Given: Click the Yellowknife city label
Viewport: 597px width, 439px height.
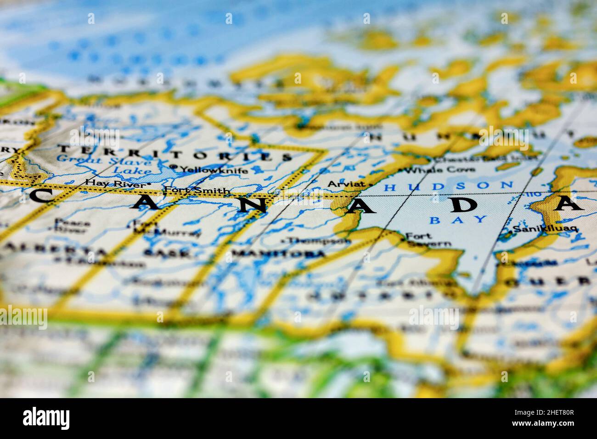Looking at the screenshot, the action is click(214, 170).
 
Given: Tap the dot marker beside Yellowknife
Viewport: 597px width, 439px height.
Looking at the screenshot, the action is click(174, 167).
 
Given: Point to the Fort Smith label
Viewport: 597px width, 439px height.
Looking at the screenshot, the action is click(197, 190).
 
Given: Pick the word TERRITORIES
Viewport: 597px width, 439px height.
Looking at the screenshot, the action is click(175, 153).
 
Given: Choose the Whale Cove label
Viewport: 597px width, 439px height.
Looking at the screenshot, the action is click(441, 169).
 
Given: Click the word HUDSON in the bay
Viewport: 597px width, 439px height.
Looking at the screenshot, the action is click(449, 186).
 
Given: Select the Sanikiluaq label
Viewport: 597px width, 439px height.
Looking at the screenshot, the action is click(545, 229).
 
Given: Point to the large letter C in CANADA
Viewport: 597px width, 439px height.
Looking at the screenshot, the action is click(43, 196).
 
